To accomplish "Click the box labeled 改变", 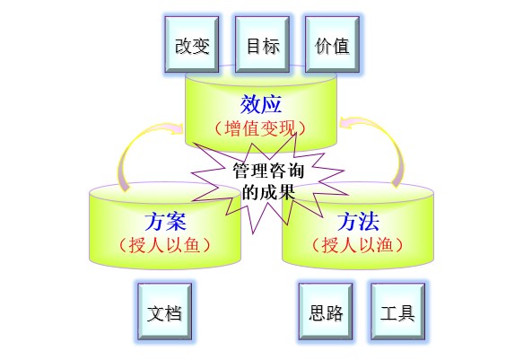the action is [192, 45].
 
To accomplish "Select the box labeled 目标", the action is [262, 45].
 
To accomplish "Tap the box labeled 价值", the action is [332, 45].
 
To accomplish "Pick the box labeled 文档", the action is [164, 312].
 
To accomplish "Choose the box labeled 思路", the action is [326, 312].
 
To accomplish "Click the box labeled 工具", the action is [398, 312].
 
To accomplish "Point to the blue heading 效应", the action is [260, 104].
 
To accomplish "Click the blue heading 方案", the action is [166, 222].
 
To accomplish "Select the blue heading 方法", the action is [358, 222].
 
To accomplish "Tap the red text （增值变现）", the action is [260, 128].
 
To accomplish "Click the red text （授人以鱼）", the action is [165, 245].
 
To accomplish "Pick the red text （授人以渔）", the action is [358, 245].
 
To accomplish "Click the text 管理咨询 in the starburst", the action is [268, 171].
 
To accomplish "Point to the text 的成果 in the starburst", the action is [268, 192].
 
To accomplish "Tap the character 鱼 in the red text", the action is [192, 245].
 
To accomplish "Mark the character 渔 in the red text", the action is [385, 245].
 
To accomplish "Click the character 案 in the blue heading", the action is [177, 222].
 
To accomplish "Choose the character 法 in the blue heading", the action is [369, 222].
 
